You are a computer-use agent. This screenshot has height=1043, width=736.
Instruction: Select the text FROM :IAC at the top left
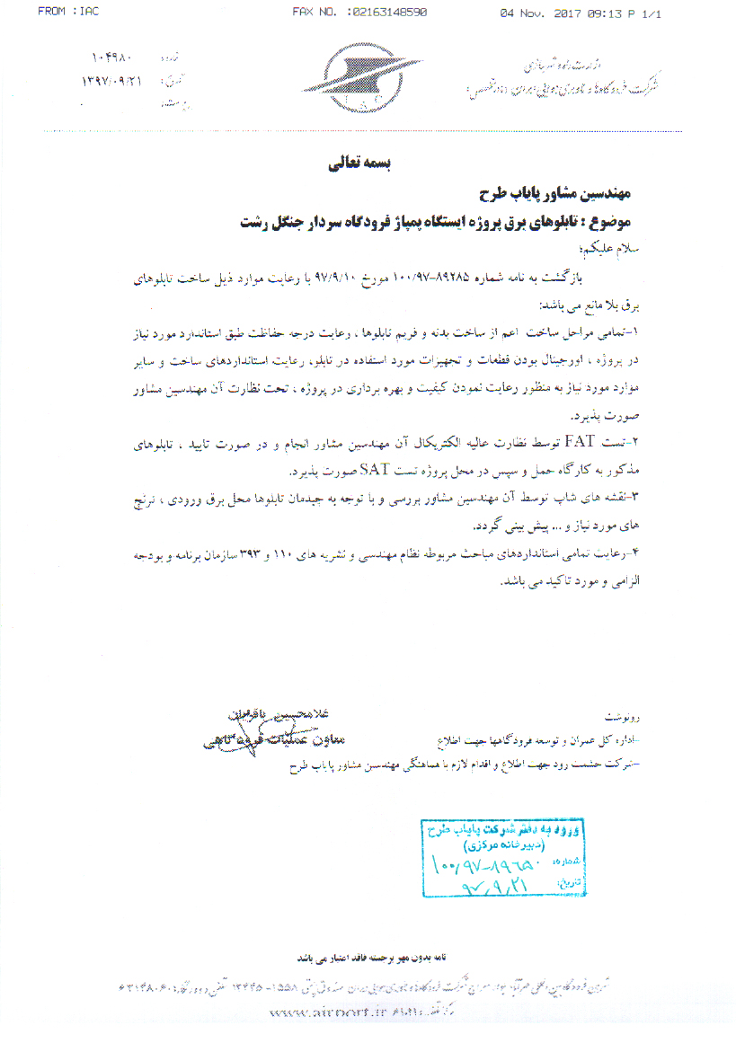point(68,12)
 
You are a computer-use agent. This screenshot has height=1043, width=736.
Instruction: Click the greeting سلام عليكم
point(610,246)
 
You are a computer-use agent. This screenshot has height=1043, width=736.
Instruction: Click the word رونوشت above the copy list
point(622,719)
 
